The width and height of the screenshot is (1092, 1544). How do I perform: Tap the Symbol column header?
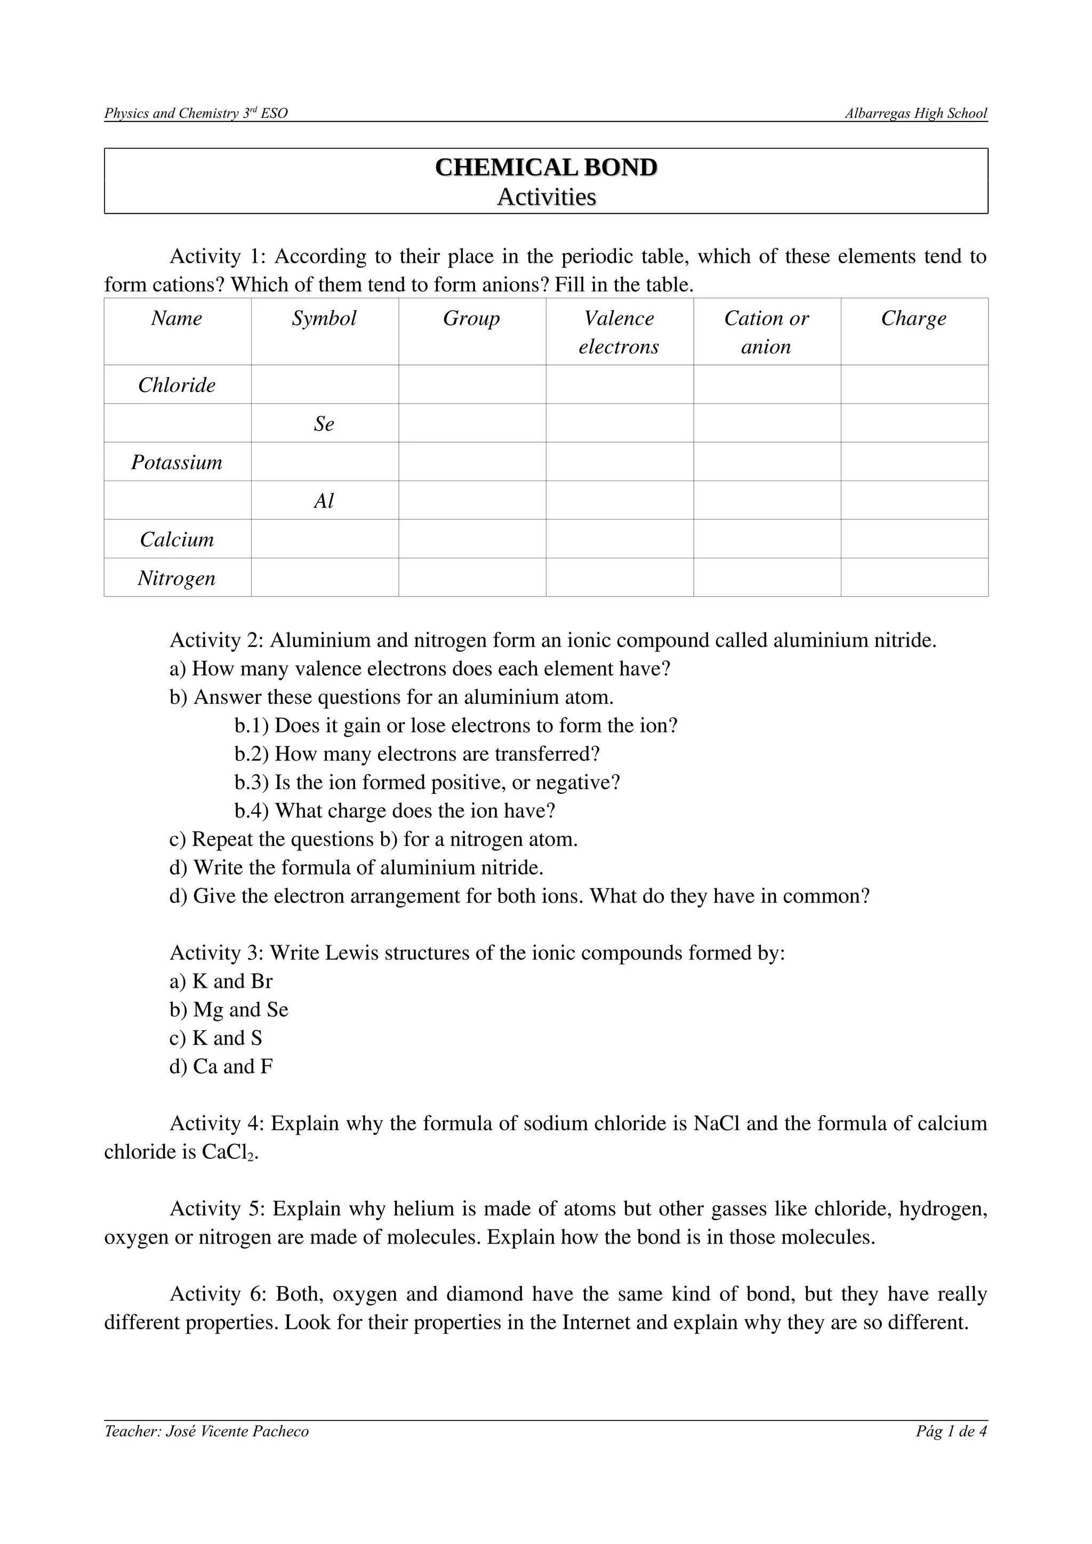(324, 318)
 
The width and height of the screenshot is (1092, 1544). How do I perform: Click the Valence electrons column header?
(619, 332)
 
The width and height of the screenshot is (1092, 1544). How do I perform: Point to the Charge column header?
(914, 318)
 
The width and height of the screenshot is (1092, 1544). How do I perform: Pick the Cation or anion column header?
(766, 332)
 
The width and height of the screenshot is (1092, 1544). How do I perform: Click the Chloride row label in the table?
(177, 385)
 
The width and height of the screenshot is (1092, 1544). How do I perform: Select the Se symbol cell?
(324, 424)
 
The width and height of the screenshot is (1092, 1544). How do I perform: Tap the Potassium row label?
(177, 462)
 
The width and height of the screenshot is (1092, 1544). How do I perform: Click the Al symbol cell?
(324, 501)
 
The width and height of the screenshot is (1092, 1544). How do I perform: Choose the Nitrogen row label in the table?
(177, 578)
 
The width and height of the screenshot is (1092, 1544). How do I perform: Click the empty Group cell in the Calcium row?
(472, 539)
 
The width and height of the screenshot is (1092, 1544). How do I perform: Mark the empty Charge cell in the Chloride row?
(914, 385)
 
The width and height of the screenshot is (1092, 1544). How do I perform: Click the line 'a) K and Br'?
(221, 981)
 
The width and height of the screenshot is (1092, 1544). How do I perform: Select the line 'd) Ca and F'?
(221, 1067)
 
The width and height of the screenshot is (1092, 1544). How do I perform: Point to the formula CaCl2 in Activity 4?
(229, 1152)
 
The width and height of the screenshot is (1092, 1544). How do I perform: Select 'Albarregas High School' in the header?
(916, 113)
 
